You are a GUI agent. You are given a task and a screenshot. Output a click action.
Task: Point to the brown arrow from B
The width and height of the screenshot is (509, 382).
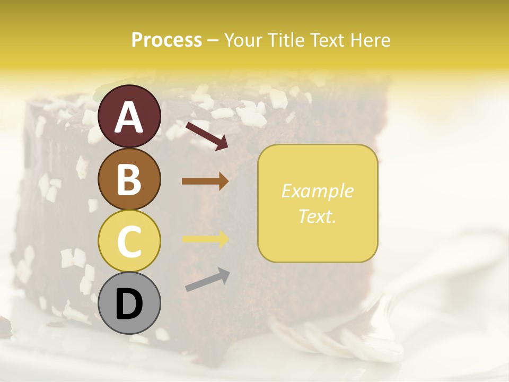205,181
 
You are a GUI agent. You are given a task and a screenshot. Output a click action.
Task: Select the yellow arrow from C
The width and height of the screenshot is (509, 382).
205,239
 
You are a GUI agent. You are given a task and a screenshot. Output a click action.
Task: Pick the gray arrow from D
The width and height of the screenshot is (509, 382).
207,280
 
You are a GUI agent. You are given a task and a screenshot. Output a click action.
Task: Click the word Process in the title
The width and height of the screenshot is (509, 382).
166,40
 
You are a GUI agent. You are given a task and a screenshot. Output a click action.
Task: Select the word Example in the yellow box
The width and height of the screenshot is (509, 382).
318,191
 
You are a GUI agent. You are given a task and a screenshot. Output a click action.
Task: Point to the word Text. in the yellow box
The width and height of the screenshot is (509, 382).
318,216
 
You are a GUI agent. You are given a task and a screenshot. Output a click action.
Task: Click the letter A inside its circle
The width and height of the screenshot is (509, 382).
129,117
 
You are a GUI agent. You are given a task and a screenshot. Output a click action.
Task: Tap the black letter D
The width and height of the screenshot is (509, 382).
129,304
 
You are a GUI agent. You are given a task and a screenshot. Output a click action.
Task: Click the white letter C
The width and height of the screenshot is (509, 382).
129,241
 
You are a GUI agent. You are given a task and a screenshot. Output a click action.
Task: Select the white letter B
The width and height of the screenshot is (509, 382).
129,179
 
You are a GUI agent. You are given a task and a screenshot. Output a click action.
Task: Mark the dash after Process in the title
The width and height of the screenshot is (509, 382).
213,41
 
